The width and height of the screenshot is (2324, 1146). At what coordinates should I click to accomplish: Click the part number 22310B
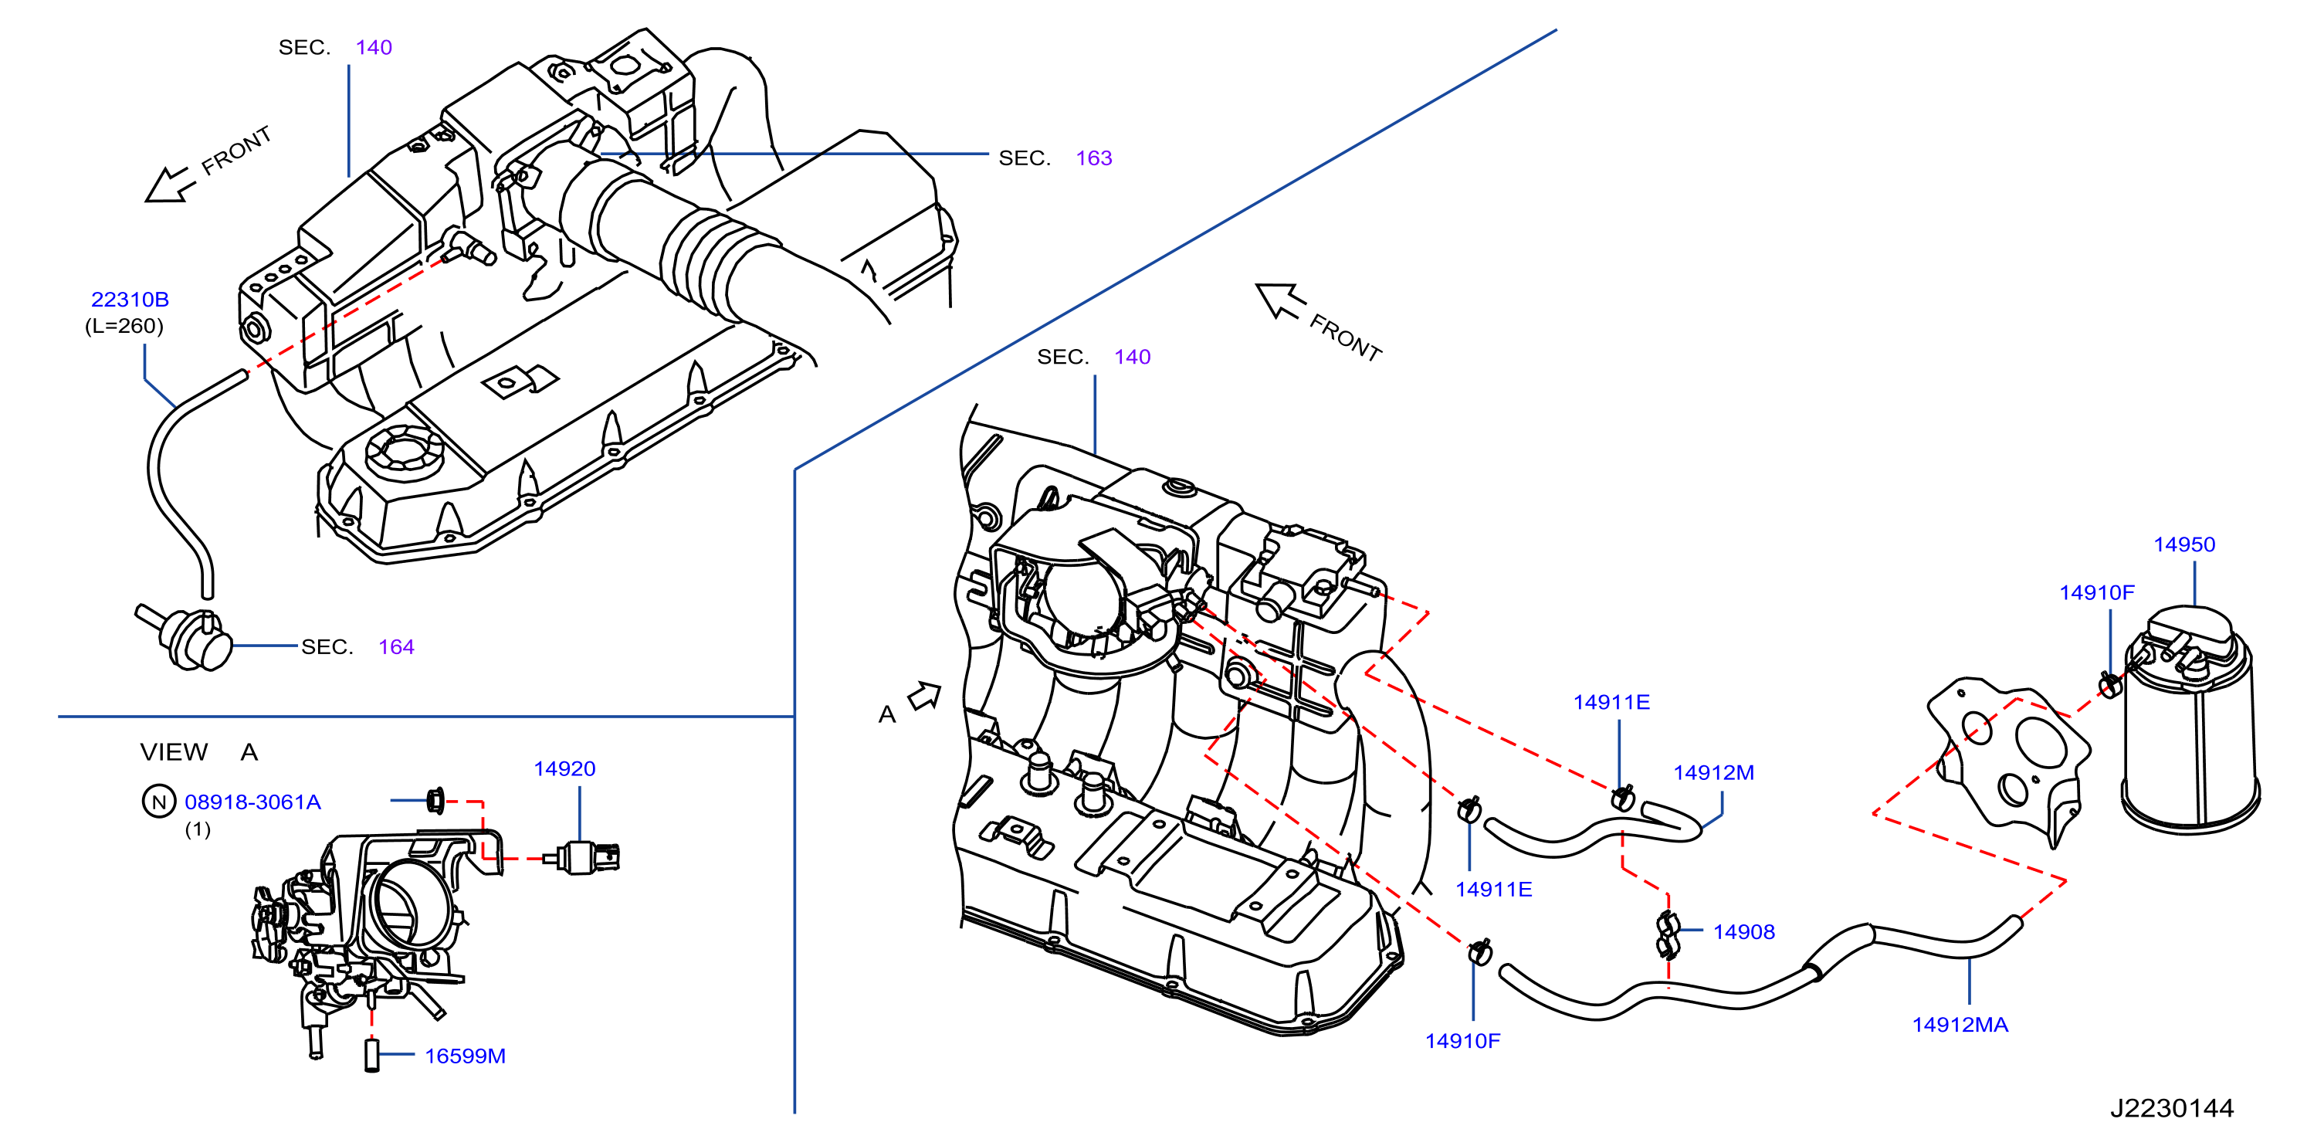pos(130,300)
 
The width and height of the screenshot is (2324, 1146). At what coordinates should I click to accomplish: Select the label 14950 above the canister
pos(2184,545)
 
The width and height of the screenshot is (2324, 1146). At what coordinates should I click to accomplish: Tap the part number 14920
pos(564,769)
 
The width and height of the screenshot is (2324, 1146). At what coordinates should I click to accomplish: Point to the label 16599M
pos(465,1056)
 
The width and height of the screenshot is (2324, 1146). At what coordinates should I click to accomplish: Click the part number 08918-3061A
pos(252,802)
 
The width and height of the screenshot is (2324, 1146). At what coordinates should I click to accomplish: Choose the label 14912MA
pos(1960,1025)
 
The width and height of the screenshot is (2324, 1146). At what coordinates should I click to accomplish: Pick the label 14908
pos(1744,932)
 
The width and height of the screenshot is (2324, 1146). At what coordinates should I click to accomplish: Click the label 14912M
pos(1714,773)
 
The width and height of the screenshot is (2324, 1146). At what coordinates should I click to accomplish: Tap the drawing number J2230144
pos(2173,1108)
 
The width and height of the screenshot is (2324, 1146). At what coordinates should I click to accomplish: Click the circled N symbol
pos(159,802)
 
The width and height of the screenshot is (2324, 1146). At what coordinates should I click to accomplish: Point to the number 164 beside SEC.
pos(396,647)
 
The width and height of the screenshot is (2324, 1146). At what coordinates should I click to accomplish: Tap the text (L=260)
pos(124,326)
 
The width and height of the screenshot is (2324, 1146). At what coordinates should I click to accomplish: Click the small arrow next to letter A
pos(925,697)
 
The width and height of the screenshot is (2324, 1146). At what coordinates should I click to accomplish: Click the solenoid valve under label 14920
pos(582,857)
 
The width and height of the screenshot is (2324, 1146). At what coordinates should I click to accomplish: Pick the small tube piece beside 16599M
pos(371,1056)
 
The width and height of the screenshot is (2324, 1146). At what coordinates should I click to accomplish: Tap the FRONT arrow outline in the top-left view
pos(170,185)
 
